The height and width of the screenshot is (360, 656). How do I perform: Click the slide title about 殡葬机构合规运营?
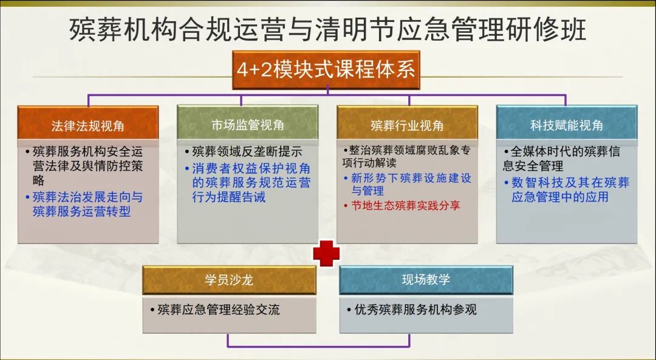click(328, 29)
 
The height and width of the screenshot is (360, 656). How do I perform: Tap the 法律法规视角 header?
click(88, 126)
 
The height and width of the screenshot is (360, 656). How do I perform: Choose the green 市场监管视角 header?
click(247, 126)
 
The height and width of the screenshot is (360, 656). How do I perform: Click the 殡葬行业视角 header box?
click(407, 126)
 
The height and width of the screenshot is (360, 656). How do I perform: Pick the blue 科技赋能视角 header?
click(567, 126)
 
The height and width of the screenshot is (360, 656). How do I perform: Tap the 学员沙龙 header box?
click(229, 280)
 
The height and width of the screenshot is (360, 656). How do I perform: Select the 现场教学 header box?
click(426, 280)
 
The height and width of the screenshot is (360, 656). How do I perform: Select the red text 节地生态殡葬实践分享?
click(406, 206)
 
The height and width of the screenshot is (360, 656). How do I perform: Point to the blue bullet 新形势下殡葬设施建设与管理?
click(411, 185)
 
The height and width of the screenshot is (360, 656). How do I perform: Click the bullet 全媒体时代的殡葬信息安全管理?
click(561, 158)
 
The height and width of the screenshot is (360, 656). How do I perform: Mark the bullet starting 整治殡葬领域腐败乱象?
click(406, 156)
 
